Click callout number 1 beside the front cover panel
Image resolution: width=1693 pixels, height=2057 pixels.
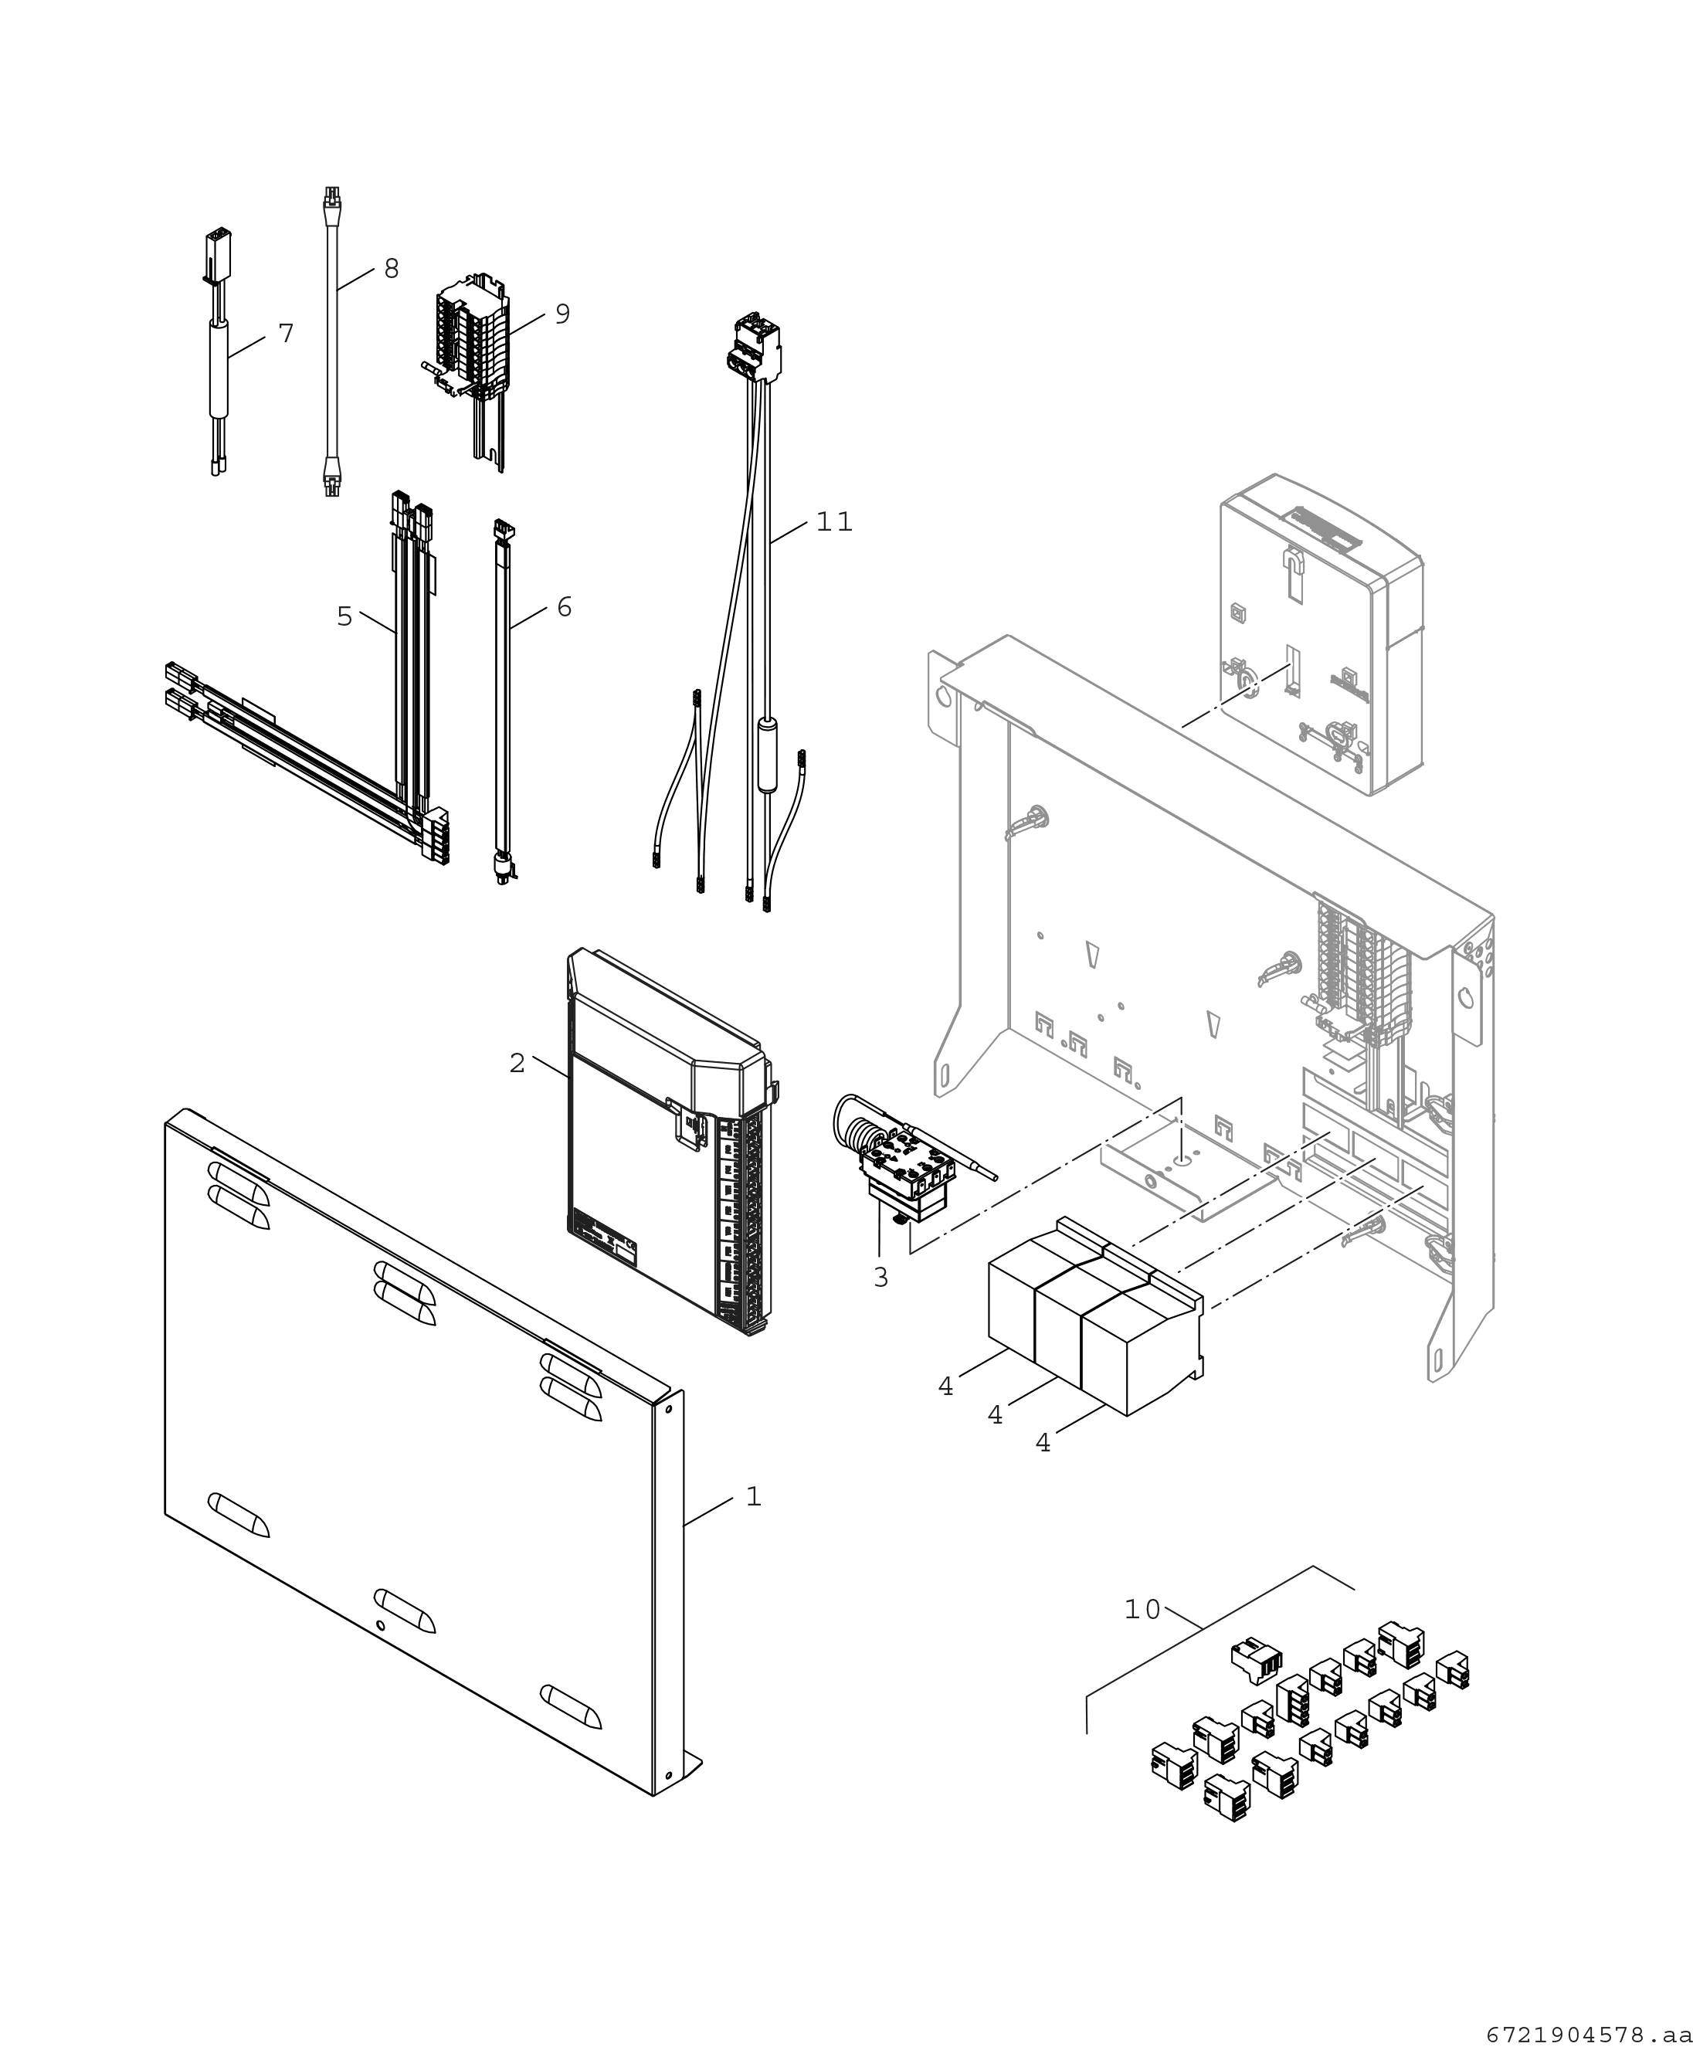tap(753, 1496)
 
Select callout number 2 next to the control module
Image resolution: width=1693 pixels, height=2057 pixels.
tap(517, 1063)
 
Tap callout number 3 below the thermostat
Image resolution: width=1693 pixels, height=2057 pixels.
tap(880, 1278)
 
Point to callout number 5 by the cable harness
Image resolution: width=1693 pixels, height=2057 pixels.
tap(344, 616)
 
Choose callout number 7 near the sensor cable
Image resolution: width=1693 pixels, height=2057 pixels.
tap(285, 334)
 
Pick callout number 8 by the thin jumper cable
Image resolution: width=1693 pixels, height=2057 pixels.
tap(391, 270)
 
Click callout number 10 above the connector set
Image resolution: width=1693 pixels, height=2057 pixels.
tap(1142, 1609)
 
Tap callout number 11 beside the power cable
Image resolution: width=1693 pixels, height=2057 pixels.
tap(834, 522)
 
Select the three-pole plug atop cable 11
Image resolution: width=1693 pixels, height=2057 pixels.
tap(755, 348)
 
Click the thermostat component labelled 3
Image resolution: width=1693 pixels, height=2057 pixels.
tap(902, 1170)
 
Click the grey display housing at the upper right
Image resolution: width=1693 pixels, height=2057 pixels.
tap(1321, 634)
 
